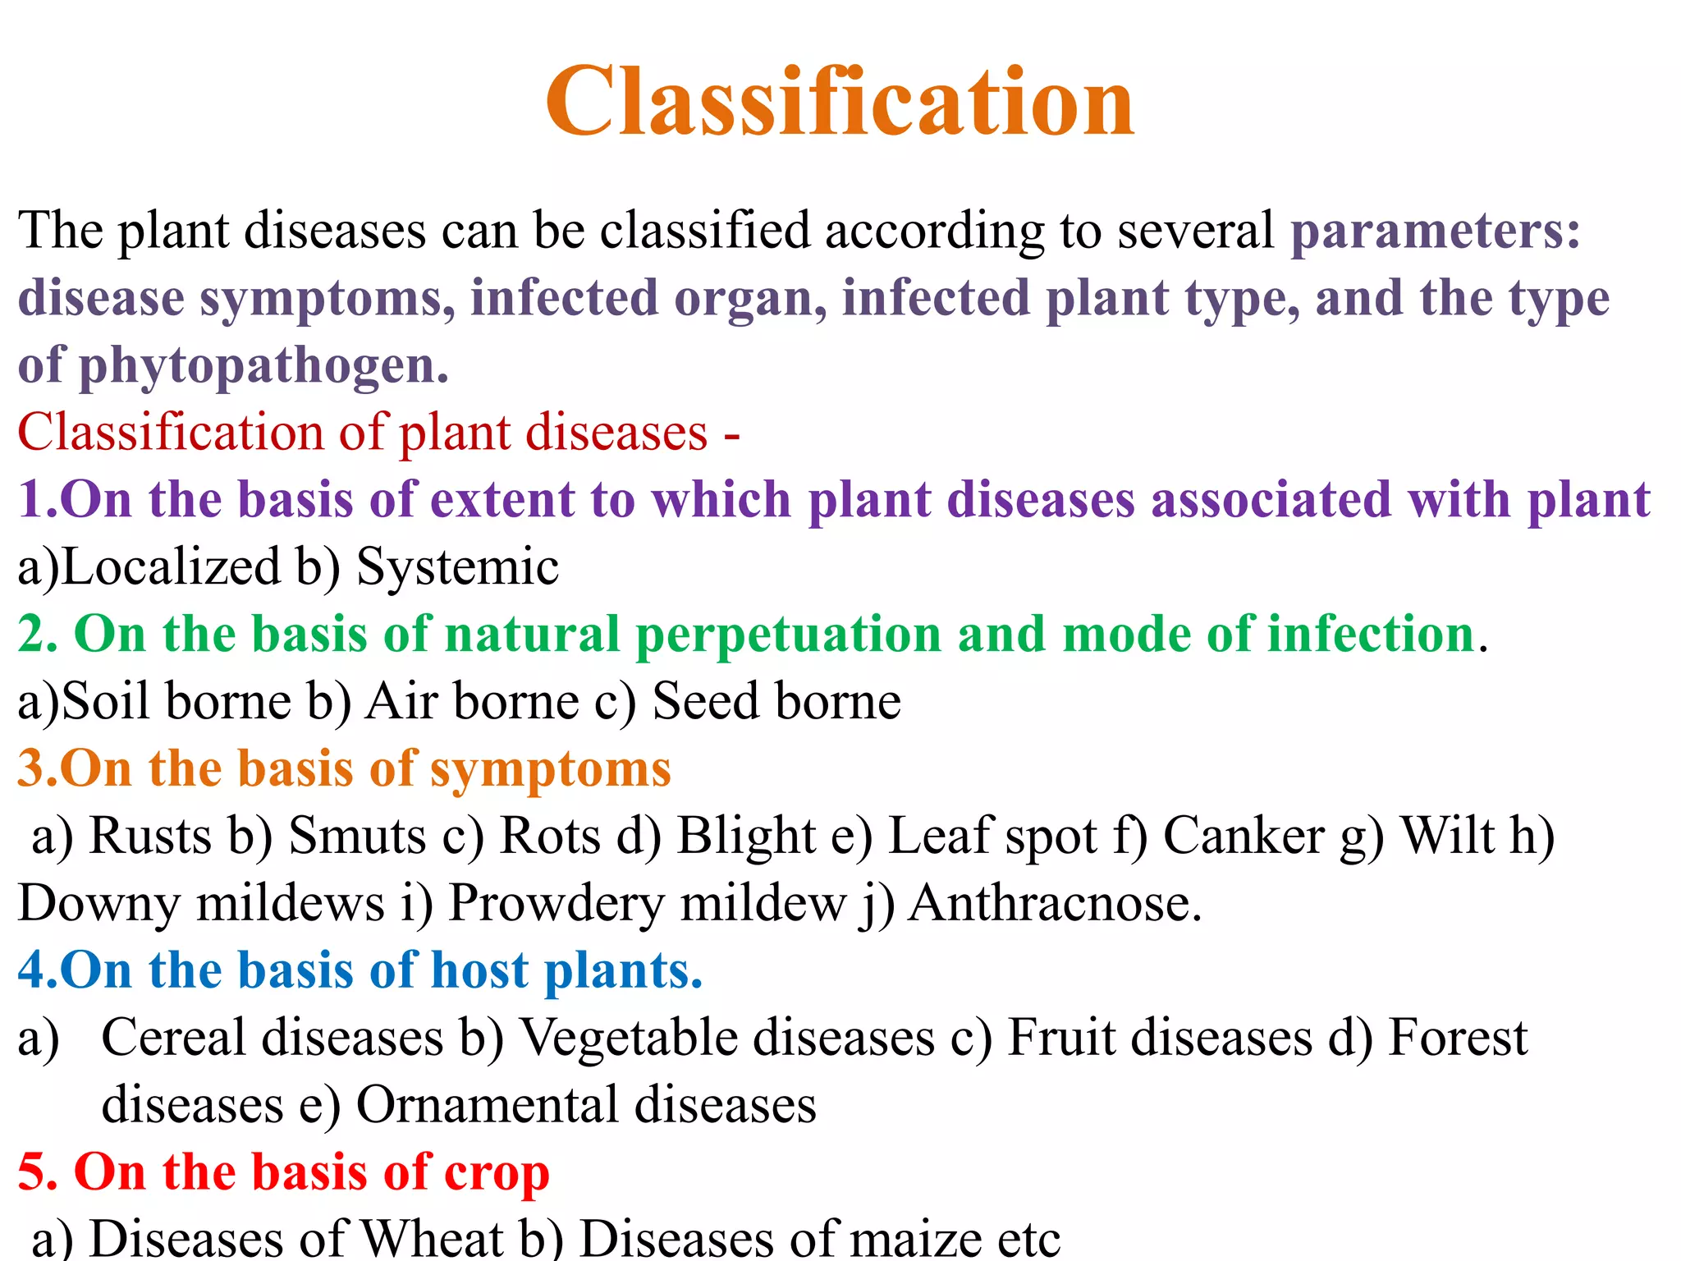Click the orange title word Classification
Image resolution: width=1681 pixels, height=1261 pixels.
click(x=840, y=102)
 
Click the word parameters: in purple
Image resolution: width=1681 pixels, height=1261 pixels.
click(x=1435, y=231)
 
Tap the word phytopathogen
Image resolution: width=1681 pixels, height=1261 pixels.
click(x=263, y=366)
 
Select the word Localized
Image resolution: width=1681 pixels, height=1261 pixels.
click(x=172, y=566)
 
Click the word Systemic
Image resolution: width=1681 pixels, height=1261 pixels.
click(x=457, y=566)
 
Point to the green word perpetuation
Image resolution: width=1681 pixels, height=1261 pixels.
click(x=788, y=635)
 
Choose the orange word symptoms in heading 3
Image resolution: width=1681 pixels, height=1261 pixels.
click(x=550, y=770)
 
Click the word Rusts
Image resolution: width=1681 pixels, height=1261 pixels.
click(x=150, y=836)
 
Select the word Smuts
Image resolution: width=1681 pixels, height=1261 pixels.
click(x=358, y=836)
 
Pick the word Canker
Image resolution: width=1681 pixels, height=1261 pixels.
click(x=1244, y=836)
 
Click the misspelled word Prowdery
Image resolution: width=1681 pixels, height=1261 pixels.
click(x=556, y=903)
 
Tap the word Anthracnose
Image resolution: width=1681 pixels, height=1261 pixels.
click(x=1054, y=903)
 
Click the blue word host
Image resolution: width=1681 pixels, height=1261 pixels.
click(x=479, y=970)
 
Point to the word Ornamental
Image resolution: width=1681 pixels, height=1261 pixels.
click(x=487, y=1105)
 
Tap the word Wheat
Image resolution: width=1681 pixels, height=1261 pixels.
click(x=432, y=1238)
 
